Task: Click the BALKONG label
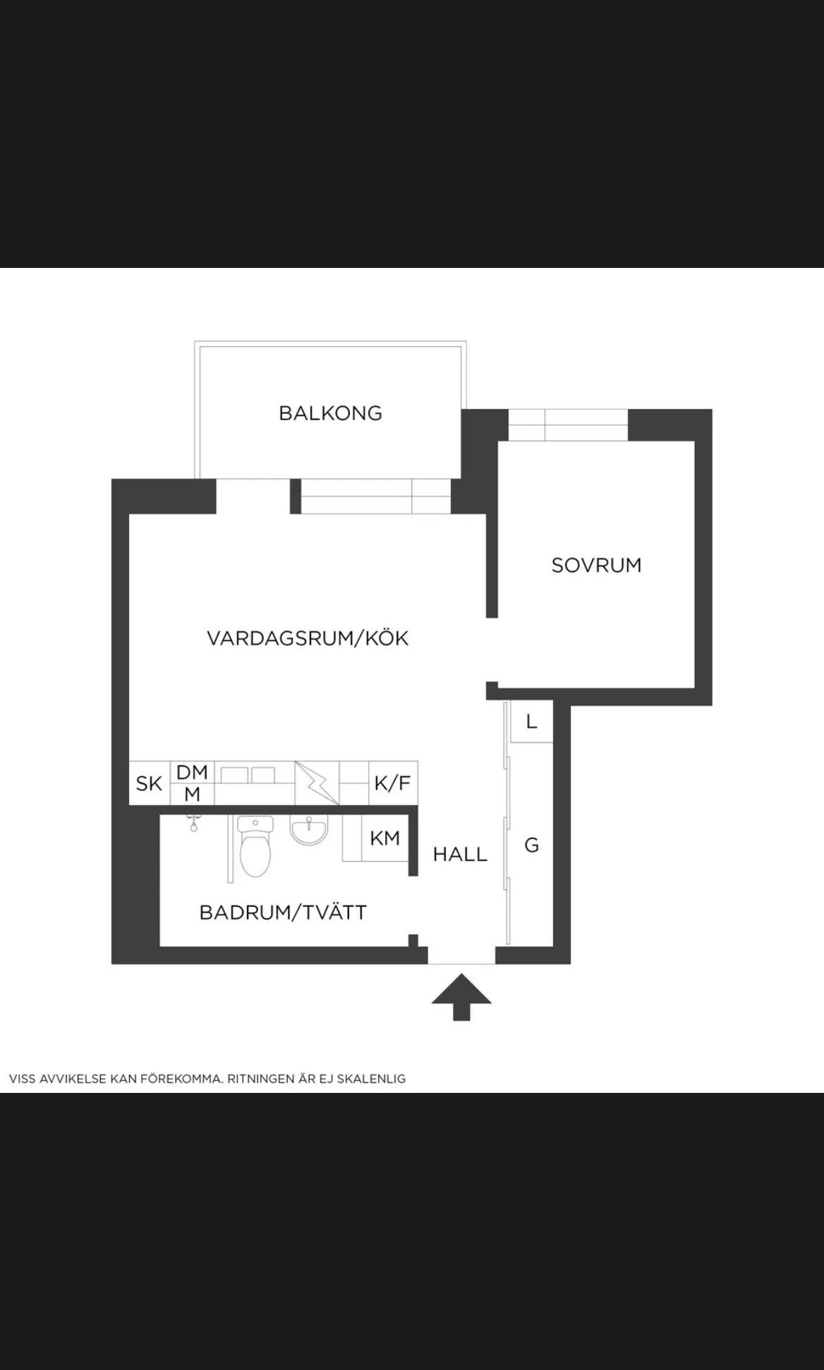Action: tap(330, 413)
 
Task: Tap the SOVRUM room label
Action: tap(596, 565)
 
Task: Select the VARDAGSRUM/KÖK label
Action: tap(308, 639)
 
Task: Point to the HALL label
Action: tap(460, 855)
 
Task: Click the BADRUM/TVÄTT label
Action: tap(283, 912)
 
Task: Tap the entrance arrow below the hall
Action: tap(461, 996)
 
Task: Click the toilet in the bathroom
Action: tap(255, 845)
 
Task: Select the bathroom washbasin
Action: tap(309, 830)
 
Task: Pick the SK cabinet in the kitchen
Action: tap(150, 783)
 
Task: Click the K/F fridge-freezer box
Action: tap(393, 783)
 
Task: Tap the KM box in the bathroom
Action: tap(385, 838)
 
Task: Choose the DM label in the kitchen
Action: tap(192, 772)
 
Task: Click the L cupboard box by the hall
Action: tap(531, 721)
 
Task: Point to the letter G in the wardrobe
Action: tap(532, 844)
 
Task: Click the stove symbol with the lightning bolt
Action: tap(317, 783)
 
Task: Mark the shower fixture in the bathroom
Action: tap(191, 822)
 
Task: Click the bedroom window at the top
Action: tap(568, 425)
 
